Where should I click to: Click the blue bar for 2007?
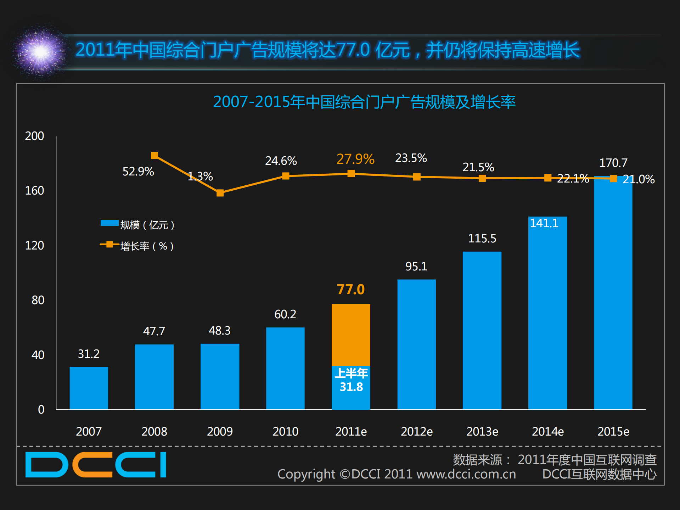[x=89, y=388]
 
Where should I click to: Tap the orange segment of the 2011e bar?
[x=351, y=335]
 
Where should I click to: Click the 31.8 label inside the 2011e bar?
[x=351, y=387]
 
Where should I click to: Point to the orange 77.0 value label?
[x=350, y=290]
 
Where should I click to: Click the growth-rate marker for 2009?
[x=220, y=193]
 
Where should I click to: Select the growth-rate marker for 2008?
[x=154, y=156]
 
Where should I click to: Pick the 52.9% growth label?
[x=138, y=172]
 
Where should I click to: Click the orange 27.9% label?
[x=355, y=159]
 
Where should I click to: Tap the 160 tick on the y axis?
[x=34, y=191]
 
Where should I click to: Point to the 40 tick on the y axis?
[x=38, y=355]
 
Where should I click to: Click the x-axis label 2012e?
[x=416, y=431]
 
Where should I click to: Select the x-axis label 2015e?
[x=613, y=431]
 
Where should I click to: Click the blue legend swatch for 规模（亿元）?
[x=109, y=223]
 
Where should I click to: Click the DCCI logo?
[x=96, y=464]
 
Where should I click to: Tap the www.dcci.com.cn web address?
[x=466, y=474]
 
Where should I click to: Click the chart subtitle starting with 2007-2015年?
[x=364, y=102]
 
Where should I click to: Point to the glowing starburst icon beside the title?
[x=40, y=52]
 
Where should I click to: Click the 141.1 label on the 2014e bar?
[x=544, y=223]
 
